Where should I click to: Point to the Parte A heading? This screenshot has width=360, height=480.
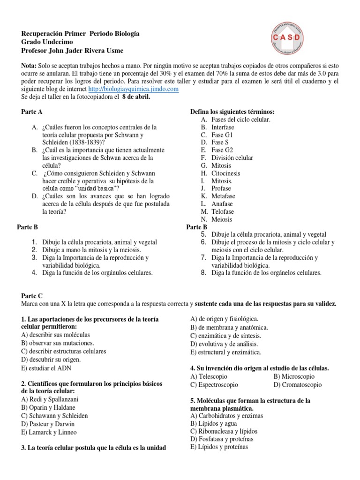point(32,112)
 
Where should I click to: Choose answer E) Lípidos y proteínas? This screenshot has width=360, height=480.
point(219,447)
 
